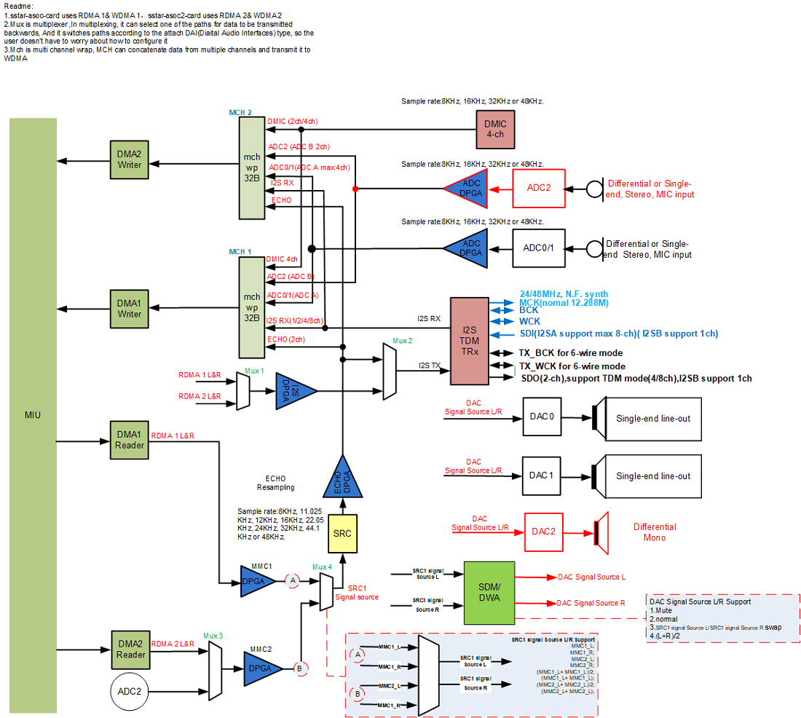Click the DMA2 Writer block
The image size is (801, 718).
[130, 160]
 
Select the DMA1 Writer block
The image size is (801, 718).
[130, 309]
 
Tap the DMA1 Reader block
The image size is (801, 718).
[129, 439]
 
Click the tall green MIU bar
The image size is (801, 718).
[33, 415]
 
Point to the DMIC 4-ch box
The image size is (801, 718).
[494, 130]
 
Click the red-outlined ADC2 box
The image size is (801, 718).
[539, 188]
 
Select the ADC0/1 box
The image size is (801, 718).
[538, 248]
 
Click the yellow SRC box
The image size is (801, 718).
[342, 533]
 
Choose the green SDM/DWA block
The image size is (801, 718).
[489, 592]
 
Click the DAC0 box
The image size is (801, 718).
[542, 417]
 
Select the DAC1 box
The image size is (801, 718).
[542, 476]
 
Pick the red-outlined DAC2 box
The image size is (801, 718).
[544, 532]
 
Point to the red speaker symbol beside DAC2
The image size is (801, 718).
[601, 532]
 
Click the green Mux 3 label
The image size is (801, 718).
[213, 635]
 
